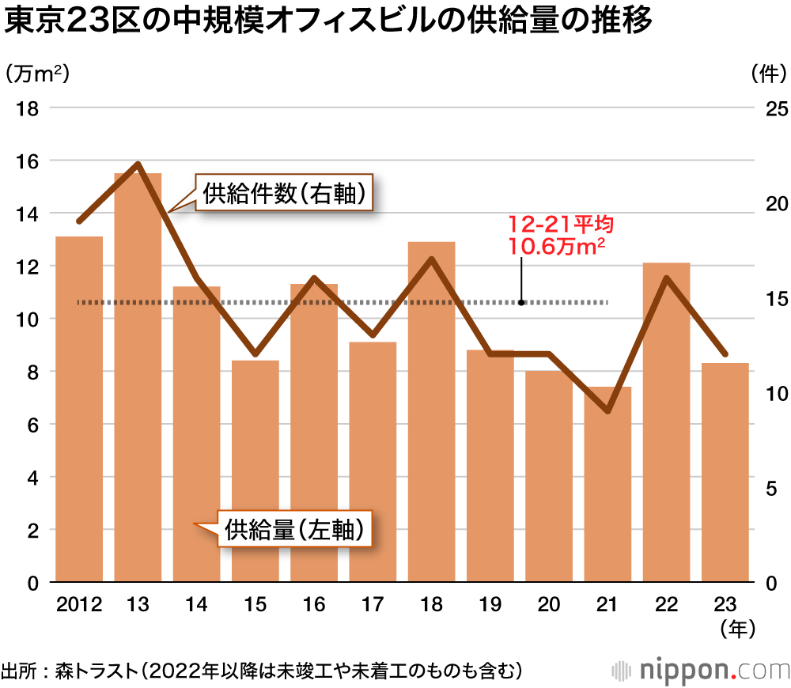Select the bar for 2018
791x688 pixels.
[x=431, y=412]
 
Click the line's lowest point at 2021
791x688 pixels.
[x=607, y=411]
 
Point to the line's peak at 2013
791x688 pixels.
[x=138, y=164]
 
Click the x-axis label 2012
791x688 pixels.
[x=79, y=606]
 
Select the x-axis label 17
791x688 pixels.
[x=373, y=606]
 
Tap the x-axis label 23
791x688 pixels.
[x=725, y=606]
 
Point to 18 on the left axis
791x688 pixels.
[x=28, y=108]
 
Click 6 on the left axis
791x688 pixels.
[x=33, y=425]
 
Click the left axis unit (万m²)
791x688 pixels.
[x=37, y=74]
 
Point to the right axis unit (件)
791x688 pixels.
[x=766, y=74]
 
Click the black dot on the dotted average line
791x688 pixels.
[x=521, y=302]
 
